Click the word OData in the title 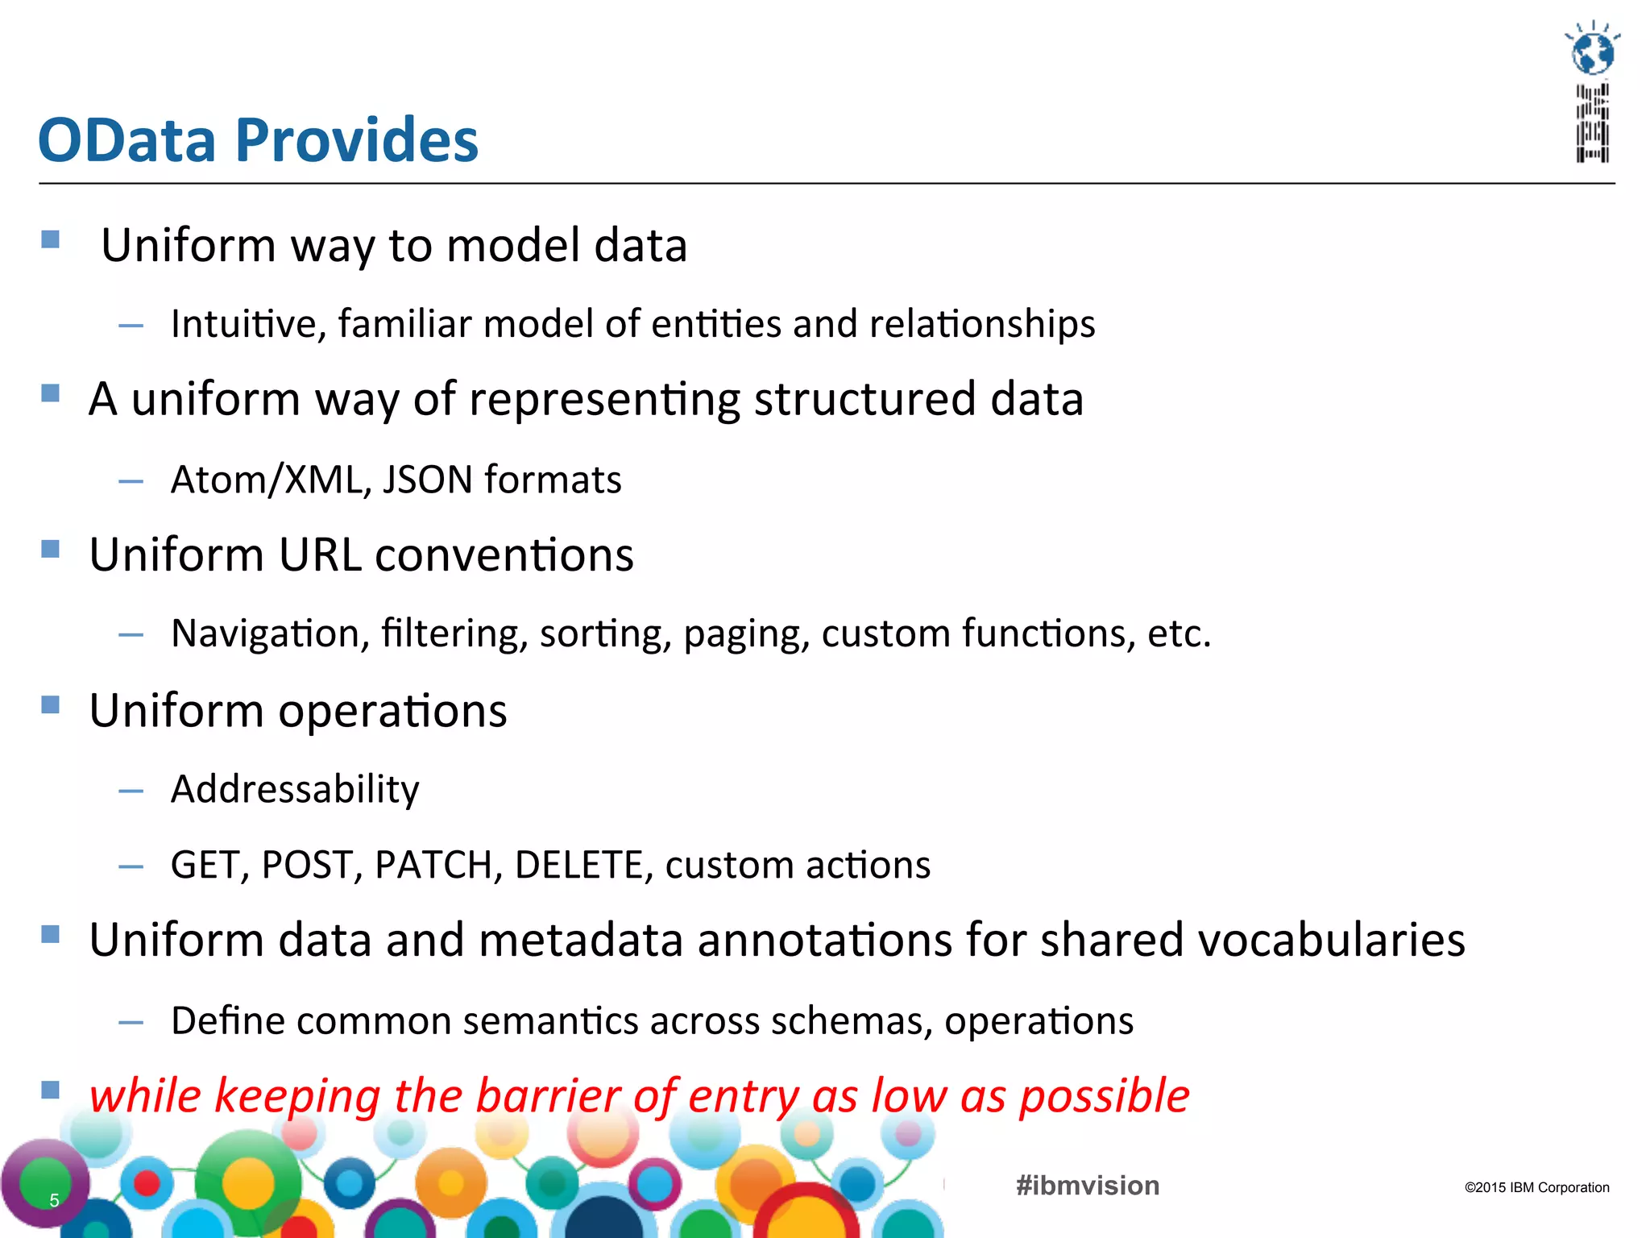tap(127, 140)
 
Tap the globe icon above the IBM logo tap(1593, 53)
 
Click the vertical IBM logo tap(1593, 123)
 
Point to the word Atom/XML tap(266, 480)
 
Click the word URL tap(319, 555)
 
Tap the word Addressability tap(295, 789)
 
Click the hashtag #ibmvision tap(1088, 1186)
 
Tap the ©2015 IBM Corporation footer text tap(1536, 1187)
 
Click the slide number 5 tap(54, 1200)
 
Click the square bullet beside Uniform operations tap(51, 705)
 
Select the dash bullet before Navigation tap(131, 635)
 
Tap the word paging tap(746, 634)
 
